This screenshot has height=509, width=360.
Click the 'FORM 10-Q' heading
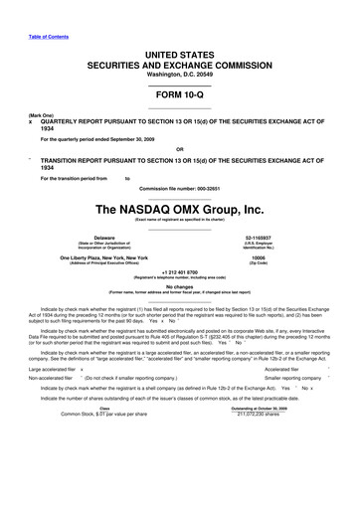pyautogui.click(x=179, y=94)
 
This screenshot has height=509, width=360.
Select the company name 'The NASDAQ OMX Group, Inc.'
pyautogui.click(x=179, y=209)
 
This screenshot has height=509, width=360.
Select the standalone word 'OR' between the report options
pyautogui.click(x=179, y=152)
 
